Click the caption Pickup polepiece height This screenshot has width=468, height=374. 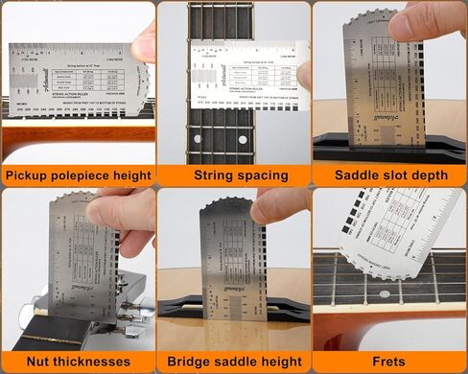[x=78, y=175]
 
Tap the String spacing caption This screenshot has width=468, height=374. [x=234, y=175]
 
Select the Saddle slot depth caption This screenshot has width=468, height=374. [x=389, y=175]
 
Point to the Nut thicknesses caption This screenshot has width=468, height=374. [x=78, y=362]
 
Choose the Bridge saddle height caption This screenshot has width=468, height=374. [x=234, y=362]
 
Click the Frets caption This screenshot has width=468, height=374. [x=389, y=362]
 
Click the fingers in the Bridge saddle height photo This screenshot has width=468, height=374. [x=278, y=206]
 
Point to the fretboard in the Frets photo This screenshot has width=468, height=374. [x=384, y=297]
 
